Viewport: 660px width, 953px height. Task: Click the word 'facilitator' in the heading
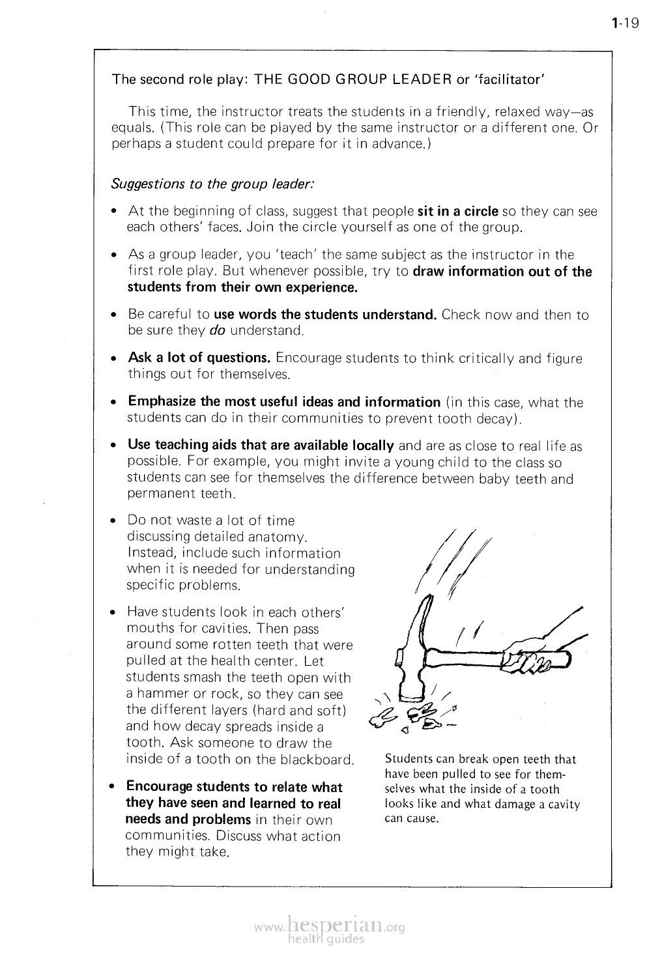(x=508, y=80)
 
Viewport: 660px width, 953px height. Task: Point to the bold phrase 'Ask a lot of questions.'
(x=199, y=358)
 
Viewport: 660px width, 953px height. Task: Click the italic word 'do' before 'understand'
(x=218, y=331)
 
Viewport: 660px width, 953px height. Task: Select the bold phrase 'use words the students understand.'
(x=325, y=315)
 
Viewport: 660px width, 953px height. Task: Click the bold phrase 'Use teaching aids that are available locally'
(x=261, y=446)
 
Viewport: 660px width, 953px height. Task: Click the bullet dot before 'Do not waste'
(x=114, y=521)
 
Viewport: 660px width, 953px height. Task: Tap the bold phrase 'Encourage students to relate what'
(x=234, y=787)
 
